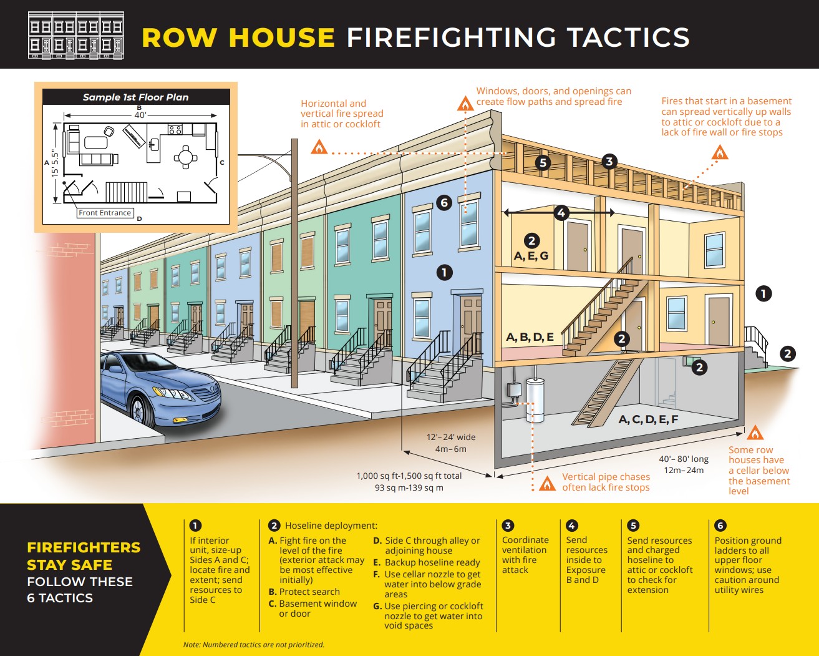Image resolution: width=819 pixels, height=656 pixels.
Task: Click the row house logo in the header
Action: click(x=76, y=35)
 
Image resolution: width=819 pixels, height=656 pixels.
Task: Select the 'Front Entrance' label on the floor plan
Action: click(x=105, y=213)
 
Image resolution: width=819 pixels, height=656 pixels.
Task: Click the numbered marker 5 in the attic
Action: click(x=543, y=163)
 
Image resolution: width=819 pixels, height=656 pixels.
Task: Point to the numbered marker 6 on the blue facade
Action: click(x=444, y=202)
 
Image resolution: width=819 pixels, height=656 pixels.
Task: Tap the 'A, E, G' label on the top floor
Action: click(x=531, y=256)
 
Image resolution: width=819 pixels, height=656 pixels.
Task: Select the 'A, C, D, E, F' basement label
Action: click(x=648, y=419)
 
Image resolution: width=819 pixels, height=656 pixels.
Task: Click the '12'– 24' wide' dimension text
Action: click(x=451, y=437)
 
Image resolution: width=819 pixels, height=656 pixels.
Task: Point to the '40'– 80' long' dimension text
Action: click(x=684, y=459)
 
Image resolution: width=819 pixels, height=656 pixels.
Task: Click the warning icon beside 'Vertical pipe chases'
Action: click(x=547, y=483)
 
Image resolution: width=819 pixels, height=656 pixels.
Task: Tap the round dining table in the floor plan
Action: click(x=186, y=157)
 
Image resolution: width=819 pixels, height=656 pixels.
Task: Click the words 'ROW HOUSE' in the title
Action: click(x=238, y=37)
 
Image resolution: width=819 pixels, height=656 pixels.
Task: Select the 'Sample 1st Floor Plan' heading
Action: click(x=135, y=97)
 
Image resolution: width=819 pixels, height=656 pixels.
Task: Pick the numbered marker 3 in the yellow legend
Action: click(x=508, y=526)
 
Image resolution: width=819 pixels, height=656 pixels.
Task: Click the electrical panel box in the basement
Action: click(x=514, y=391)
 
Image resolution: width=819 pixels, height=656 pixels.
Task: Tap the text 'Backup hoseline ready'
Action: click(x=432, y=562)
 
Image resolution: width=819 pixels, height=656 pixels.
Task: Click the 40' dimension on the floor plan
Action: click(x=140, y=115)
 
